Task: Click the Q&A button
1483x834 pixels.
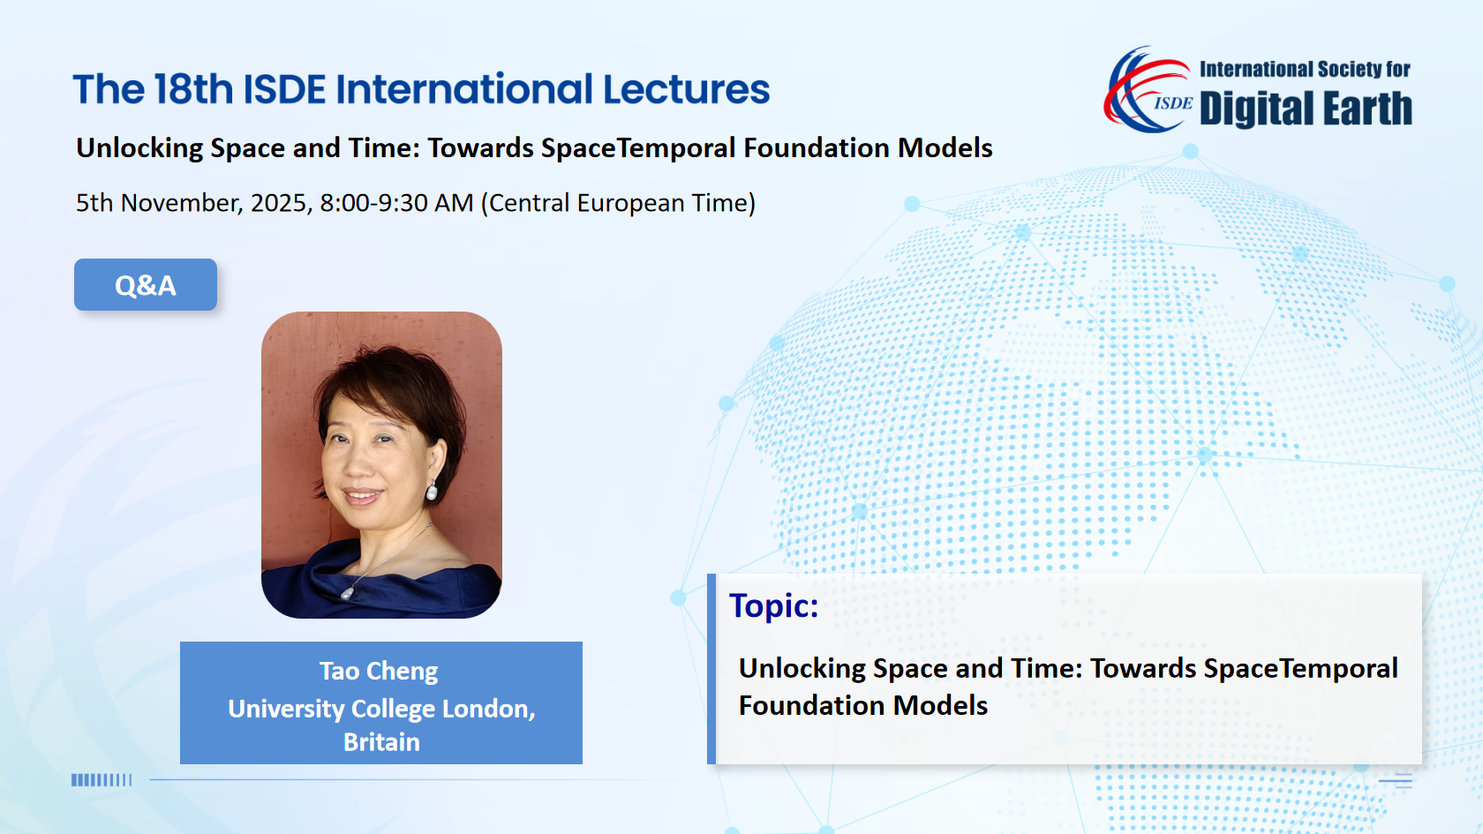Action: [x=146, y=284]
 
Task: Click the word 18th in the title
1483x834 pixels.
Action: [x=193, y=89]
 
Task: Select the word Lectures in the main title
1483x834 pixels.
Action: [x=687, y=89]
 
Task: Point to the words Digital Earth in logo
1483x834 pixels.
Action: [x=1306, y=109]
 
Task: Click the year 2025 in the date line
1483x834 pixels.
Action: [x=278, y=203]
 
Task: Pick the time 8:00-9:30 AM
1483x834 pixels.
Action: [x=396, y=203]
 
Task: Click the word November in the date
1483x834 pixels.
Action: [x=179, y=203]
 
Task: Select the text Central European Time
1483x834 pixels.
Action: [x=618, y=203]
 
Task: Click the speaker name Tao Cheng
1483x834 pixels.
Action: [x=379, y=671]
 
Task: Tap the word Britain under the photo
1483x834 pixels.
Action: [x=381, y=742]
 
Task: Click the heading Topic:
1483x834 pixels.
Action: [x=773, y=605]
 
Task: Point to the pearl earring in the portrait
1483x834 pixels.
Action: [x=432, y=491]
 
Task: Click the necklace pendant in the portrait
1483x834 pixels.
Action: [x=346, y=594]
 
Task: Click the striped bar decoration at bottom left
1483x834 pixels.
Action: [x=102, y=780]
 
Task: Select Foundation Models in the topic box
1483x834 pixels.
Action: [x=862, y=706]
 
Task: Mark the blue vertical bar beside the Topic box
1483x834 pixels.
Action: [x=711, y=669]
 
